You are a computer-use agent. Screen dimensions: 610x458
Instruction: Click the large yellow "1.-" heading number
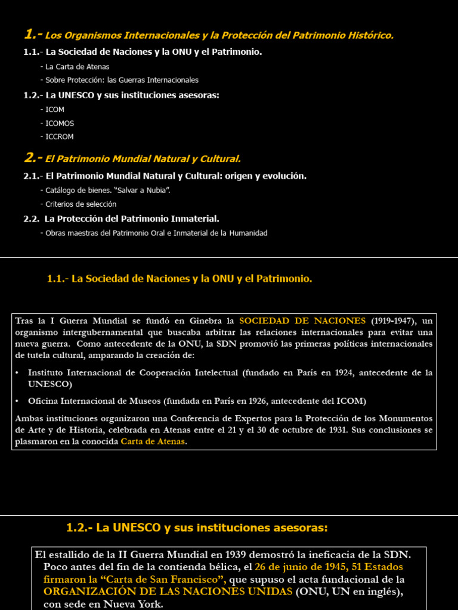coord(33,35)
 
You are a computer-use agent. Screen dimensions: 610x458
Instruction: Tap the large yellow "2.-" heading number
coord(33,158)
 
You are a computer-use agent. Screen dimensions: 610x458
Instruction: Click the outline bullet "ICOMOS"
coord(60,123)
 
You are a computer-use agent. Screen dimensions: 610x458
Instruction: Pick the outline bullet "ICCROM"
coord(60,137)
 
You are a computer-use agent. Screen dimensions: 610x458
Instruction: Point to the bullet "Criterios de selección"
coord(81,204)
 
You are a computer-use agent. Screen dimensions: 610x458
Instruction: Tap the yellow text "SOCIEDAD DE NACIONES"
coord(302,320)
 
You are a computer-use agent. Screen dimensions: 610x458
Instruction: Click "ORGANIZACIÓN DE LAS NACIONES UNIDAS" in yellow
coord(168,592)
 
